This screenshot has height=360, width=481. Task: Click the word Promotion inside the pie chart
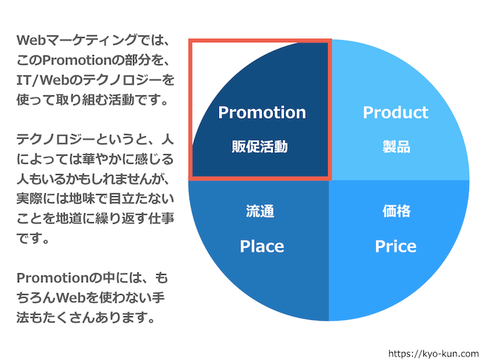pos(262,113)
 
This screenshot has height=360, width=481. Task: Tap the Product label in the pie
pos(395,113)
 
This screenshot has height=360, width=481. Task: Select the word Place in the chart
pos(262,247)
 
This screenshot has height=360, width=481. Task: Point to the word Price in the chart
pos(396,247)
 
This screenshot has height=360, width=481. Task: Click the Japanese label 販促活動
pos(260,147)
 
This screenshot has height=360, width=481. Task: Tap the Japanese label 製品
pos(396,147)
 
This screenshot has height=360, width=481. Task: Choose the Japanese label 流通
pos(260,211)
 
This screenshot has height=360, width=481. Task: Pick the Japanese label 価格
pos(396,211)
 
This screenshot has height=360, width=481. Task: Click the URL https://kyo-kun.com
pos(434,353)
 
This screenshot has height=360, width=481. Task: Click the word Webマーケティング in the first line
pos(77,40)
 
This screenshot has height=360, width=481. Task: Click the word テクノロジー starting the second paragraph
pos(55,140)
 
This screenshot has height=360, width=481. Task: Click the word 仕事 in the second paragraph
pos(161,219)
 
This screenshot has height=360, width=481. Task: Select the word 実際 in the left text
pos(30,199)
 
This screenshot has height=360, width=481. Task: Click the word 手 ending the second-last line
pos(158,298)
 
